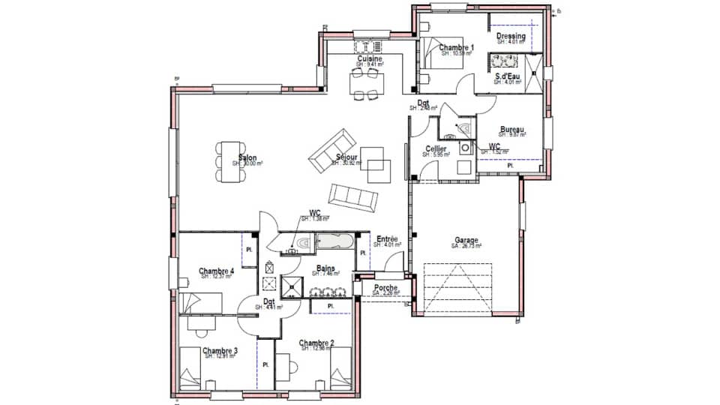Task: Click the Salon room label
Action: (x=247, y=158)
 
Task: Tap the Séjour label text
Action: (x=346, y=158)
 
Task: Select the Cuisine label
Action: (x=369, y=58)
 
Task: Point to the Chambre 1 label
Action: (x=456, y=47)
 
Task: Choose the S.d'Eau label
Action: (x=508, y=76)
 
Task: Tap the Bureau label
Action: (x=511, y=129)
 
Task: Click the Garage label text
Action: (x=466, y=240)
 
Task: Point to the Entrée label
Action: (x=388, y=238)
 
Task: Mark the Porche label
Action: (x=385, y=287)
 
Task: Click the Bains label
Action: (x=325, y=268)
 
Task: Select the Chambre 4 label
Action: (x=216, y=271)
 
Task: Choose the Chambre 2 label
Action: (x=316, y=343)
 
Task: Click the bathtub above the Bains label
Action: (x=334, y=243)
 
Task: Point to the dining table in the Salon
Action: (x=229, y=160)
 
